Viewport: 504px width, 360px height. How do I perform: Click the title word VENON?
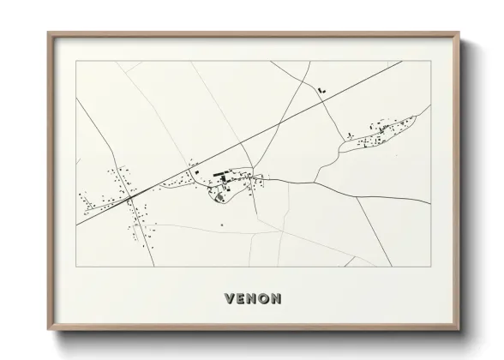tap(252, 299)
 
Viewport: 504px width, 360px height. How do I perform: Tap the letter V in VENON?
tap(230, 299)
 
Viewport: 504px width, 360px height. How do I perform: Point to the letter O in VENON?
tap(263, 299)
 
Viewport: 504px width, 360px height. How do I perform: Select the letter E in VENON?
tap(241, 299)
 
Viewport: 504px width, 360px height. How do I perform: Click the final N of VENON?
tap(275, 299)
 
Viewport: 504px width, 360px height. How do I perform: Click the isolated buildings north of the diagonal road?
tap(321, 87)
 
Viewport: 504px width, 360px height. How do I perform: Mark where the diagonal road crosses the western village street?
tap(131, 197)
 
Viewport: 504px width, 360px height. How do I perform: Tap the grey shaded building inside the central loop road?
tap(219, 196)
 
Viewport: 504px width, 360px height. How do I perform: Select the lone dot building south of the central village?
tap(222, 225)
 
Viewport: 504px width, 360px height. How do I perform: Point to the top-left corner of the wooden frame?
tap(48, 33)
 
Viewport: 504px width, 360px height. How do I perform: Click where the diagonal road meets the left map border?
tap(76, 225)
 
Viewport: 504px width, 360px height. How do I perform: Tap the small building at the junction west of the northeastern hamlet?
tap(350, 132)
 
